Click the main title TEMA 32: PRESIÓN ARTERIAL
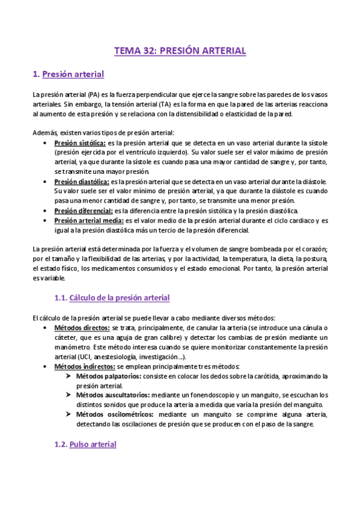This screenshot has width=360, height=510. pos(180,51)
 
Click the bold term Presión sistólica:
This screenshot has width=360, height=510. pos(80,143)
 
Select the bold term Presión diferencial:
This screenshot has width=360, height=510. pos(83,210)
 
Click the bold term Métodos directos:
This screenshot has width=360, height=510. pos(82,328)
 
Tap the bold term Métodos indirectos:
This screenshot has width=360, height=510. pos(84,366)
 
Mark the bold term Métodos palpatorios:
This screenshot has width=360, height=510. pos(108,376)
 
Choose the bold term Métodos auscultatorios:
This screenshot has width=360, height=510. pos(112,395)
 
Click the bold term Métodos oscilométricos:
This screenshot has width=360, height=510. pos(114,414)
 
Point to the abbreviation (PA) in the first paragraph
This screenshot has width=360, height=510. pos(93,94)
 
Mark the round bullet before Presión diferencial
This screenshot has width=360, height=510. pos(47,210)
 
